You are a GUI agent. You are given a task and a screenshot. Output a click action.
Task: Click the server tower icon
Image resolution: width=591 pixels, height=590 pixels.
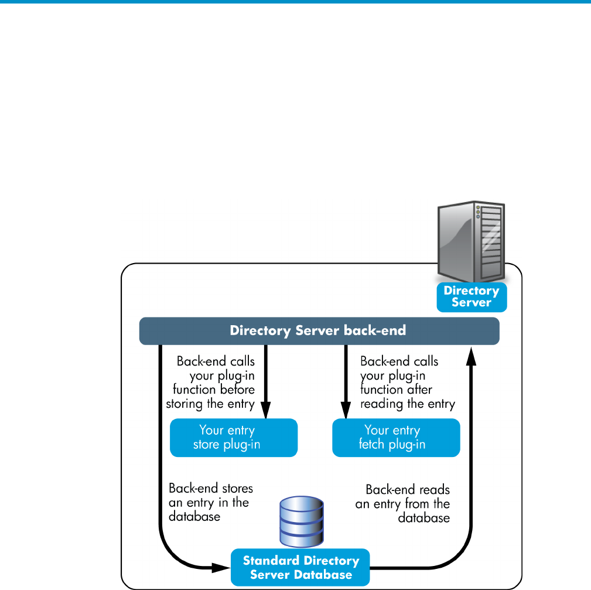(x=471, y=241)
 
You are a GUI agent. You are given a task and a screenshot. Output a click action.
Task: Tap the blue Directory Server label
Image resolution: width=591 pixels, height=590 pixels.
(x=472, y=297)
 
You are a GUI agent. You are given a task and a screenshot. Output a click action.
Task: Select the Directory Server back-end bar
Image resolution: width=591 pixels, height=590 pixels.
(x=319, y=330)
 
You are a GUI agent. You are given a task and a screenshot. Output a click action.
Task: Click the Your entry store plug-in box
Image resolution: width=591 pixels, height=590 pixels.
(x=234, y=437)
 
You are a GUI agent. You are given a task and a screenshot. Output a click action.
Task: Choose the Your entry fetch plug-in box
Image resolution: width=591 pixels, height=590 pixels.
(x=396, y=437)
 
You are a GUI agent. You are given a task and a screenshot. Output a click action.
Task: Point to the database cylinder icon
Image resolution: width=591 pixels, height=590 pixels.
(x=302, y=522)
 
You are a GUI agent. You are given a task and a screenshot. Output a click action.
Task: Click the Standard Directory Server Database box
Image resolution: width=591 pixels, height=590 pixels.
(x=300, y=567)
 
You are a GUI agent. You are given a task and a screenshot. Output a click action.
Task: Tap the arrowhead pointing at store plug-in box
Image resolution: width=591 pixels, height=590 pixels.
(x=266, y=410)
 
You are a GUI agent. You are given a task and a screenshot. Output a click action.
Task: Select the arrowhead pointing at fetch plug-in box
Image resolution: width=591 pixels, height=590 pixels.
(x=346, y=410)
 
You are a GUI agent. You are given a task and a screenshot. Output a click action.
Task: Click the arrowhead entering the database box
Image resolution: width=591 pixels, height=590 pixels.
(x=221, y=567)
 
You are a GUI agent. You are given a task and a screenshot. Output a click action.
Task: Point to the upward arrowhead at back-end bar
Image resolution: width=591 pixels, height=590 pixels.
(x=471, y=356)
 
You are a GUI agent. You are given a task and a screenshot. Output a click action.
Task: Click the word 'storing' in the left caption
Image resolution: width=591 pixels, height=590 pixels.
(x=185, y=404)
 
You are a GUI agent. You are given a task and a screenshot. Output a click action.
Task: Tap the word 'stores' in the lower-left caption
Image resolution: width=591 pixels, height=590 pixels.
(x=237, y=489)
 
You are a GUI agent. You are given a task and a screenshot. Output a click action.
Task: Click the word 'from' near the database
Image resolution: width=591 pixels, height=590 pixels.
(x=417, y=504)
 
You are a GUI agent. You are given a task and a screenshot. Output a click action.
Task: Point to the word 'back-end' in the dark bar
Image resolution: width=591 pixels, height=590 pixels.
(x=375, y=330)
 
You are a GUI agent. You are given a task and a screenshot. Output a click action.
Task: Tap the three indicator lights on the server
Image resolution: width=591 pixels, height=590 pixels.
(x=478, y=212)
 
